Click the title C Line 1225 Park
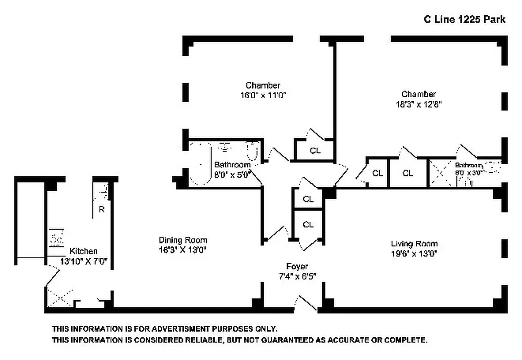tap(464, 19)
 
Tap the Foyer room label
tap(297, 266)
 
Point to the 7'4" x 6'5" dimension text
tap(297, 276)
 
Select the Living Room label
tap(414, 243)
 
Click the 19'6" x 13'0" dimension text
tap(414, 253)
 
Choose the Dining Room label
tap(183, 240)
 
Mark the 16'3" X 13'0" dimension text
tap(183, 249)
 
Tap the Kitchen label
tap(83, 251)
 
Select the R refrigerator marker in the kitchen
tap(102, 209)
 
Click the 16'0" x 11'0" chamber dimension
tap(263, 95)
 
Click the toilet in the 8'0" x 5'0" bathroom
tap(252, 152)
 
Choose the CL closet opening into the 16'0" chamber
tap(315, 150)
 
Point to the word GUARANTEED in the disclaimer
tap(283, 340)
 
